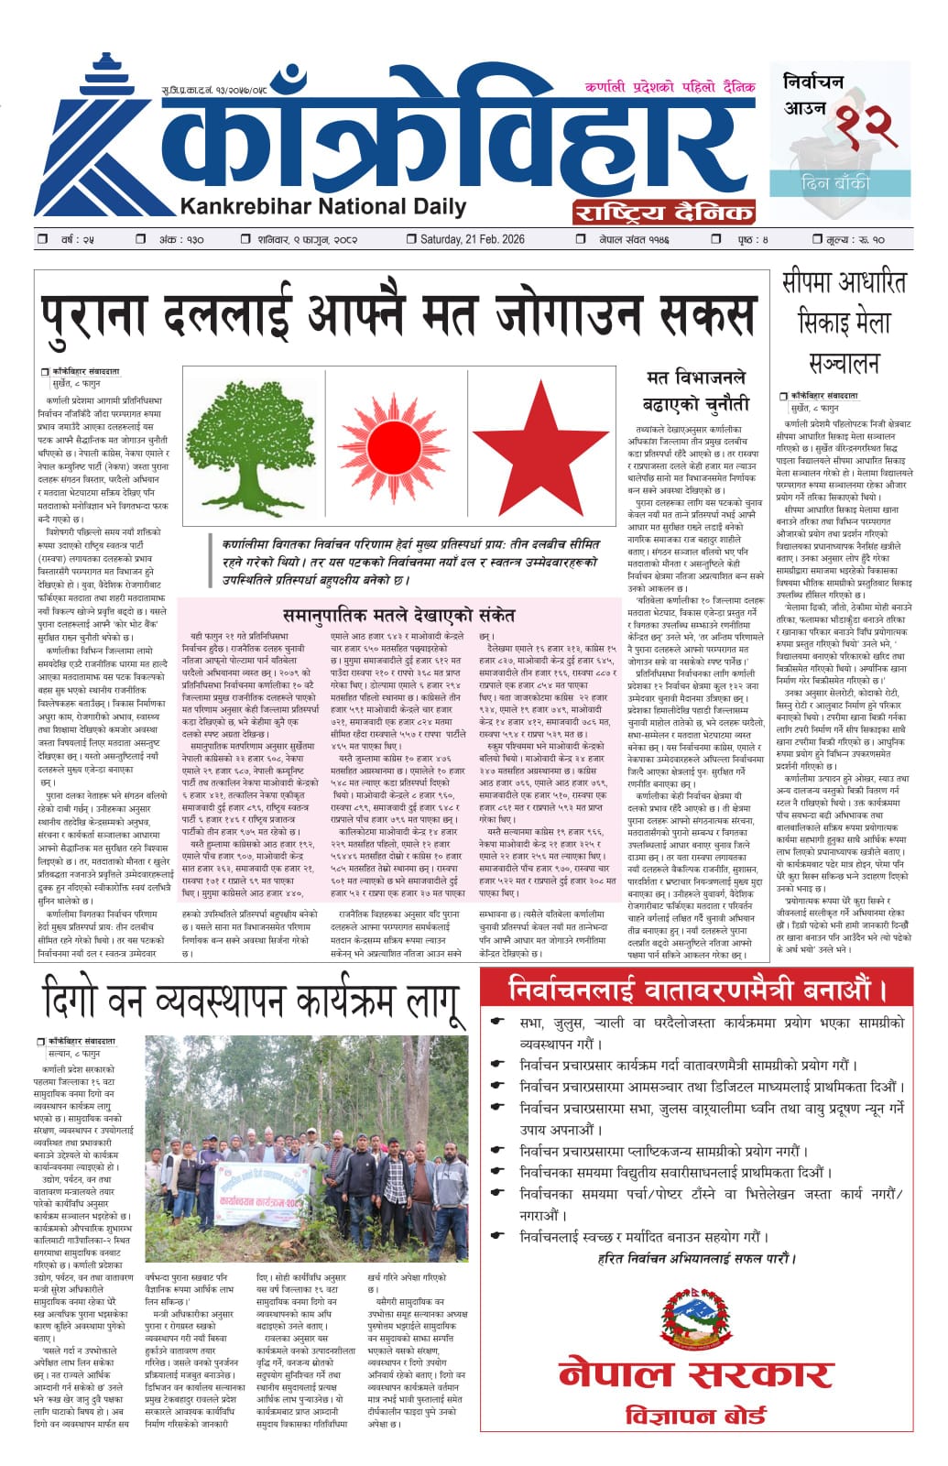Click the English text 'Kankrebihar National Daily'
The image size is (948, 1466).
323,206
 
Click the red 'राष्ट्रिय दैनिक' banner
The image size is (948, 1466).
663,212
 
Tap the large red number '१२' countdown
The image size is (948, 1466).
861,128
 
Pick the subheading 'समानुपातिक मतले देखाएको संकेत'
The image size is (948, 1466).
398,615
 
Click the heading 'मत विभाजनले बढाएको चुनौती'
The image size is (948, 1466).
696,390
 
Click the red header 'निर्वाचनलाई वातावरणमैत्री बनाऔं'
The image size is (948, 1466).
696,990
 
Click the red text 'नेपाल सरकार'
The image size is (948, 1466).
696,1373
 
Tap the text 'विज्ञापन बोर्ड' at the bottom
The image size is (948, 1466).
696,1416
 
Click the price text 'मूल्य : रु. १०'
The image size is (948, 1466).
855,239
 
